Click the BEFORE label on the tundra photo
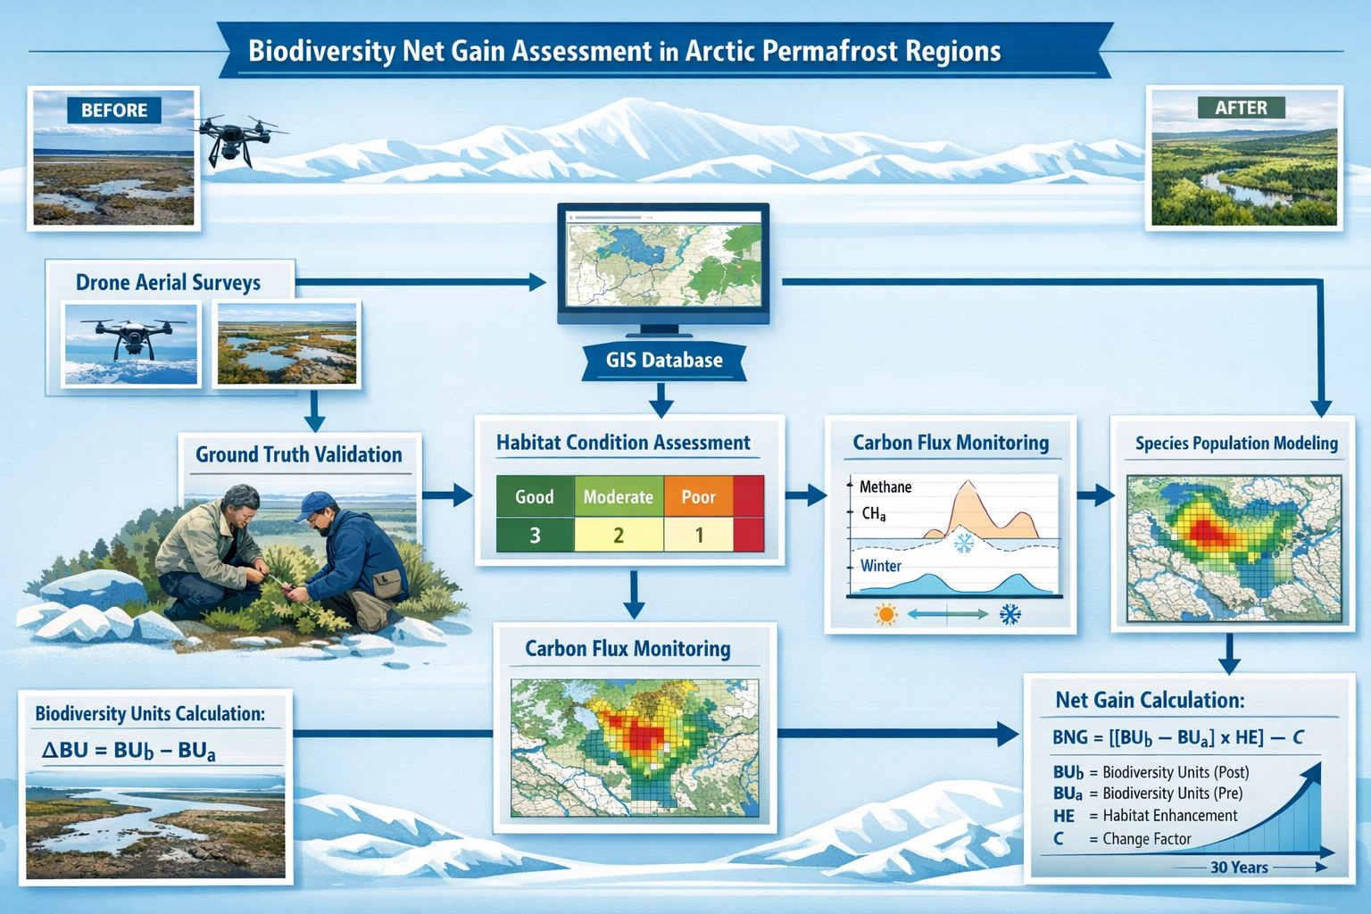click(x=114, y=110)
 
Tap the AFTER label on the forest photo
click(x=1240, y=108)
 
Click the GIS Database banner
click(x=664, y=361)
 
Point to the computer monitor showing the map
click(x=663, y=259)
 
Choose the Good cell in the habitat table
click(x=534, y=497)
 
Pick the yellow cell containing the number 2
click(x=618, y=536)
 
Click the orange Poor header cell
click(x=698, y=497)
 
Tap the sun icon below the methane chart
click(x=885, y=614)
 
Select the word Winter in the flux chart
click(x=880, y=566)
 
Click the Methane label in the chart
click(x=885, y=486)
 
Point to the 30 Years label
click(x=1239, y=868)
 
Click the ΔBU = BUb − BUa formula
click(x=129, y=751)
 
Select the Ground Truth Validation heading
click(x=299, y=454)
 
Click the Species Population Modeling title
click(x=1236, y=443)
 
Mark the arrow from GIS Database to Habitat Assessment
click(x=661, y=400)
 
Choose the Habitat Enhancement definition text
click(x=1169, y=816)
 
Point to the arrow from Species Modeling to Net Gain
click(x=1229, y=654)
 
